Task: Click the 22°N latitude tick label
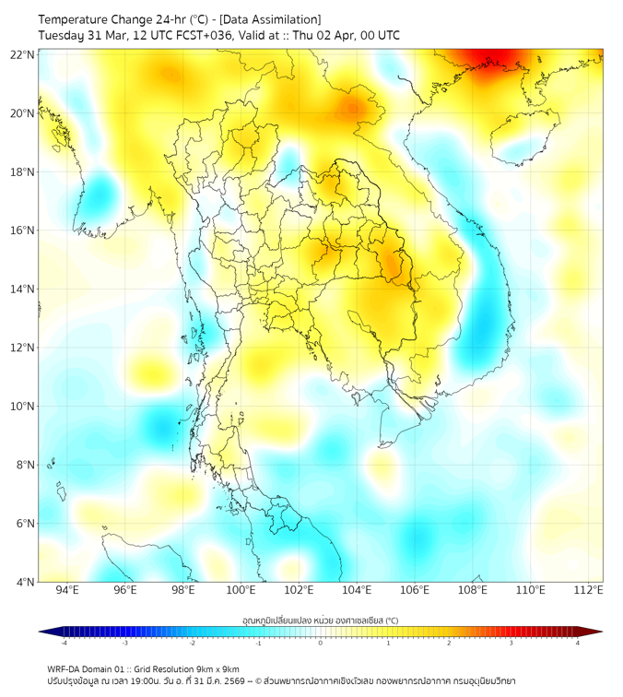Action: click(22, 54)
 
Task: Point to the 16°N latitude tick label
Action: click(22, 230)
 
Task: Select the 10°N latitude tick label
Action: click(22, 407)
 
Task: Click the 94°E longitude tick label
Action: click(67, 590)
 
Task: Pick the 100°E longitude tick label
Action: click(241, 590)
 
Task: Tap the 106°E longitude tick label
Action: click(415, 590)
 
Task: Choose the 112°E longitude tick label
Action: click(588, 590)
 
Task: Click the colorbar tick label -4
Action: click(64, 642)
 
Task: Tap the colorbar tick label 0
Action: click(321, 642)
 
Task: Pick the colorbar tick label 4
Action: click(578, 642)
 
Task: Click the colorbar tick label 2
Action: click(449, 642)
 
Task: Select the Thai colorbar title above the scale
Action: click(320, 620)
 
